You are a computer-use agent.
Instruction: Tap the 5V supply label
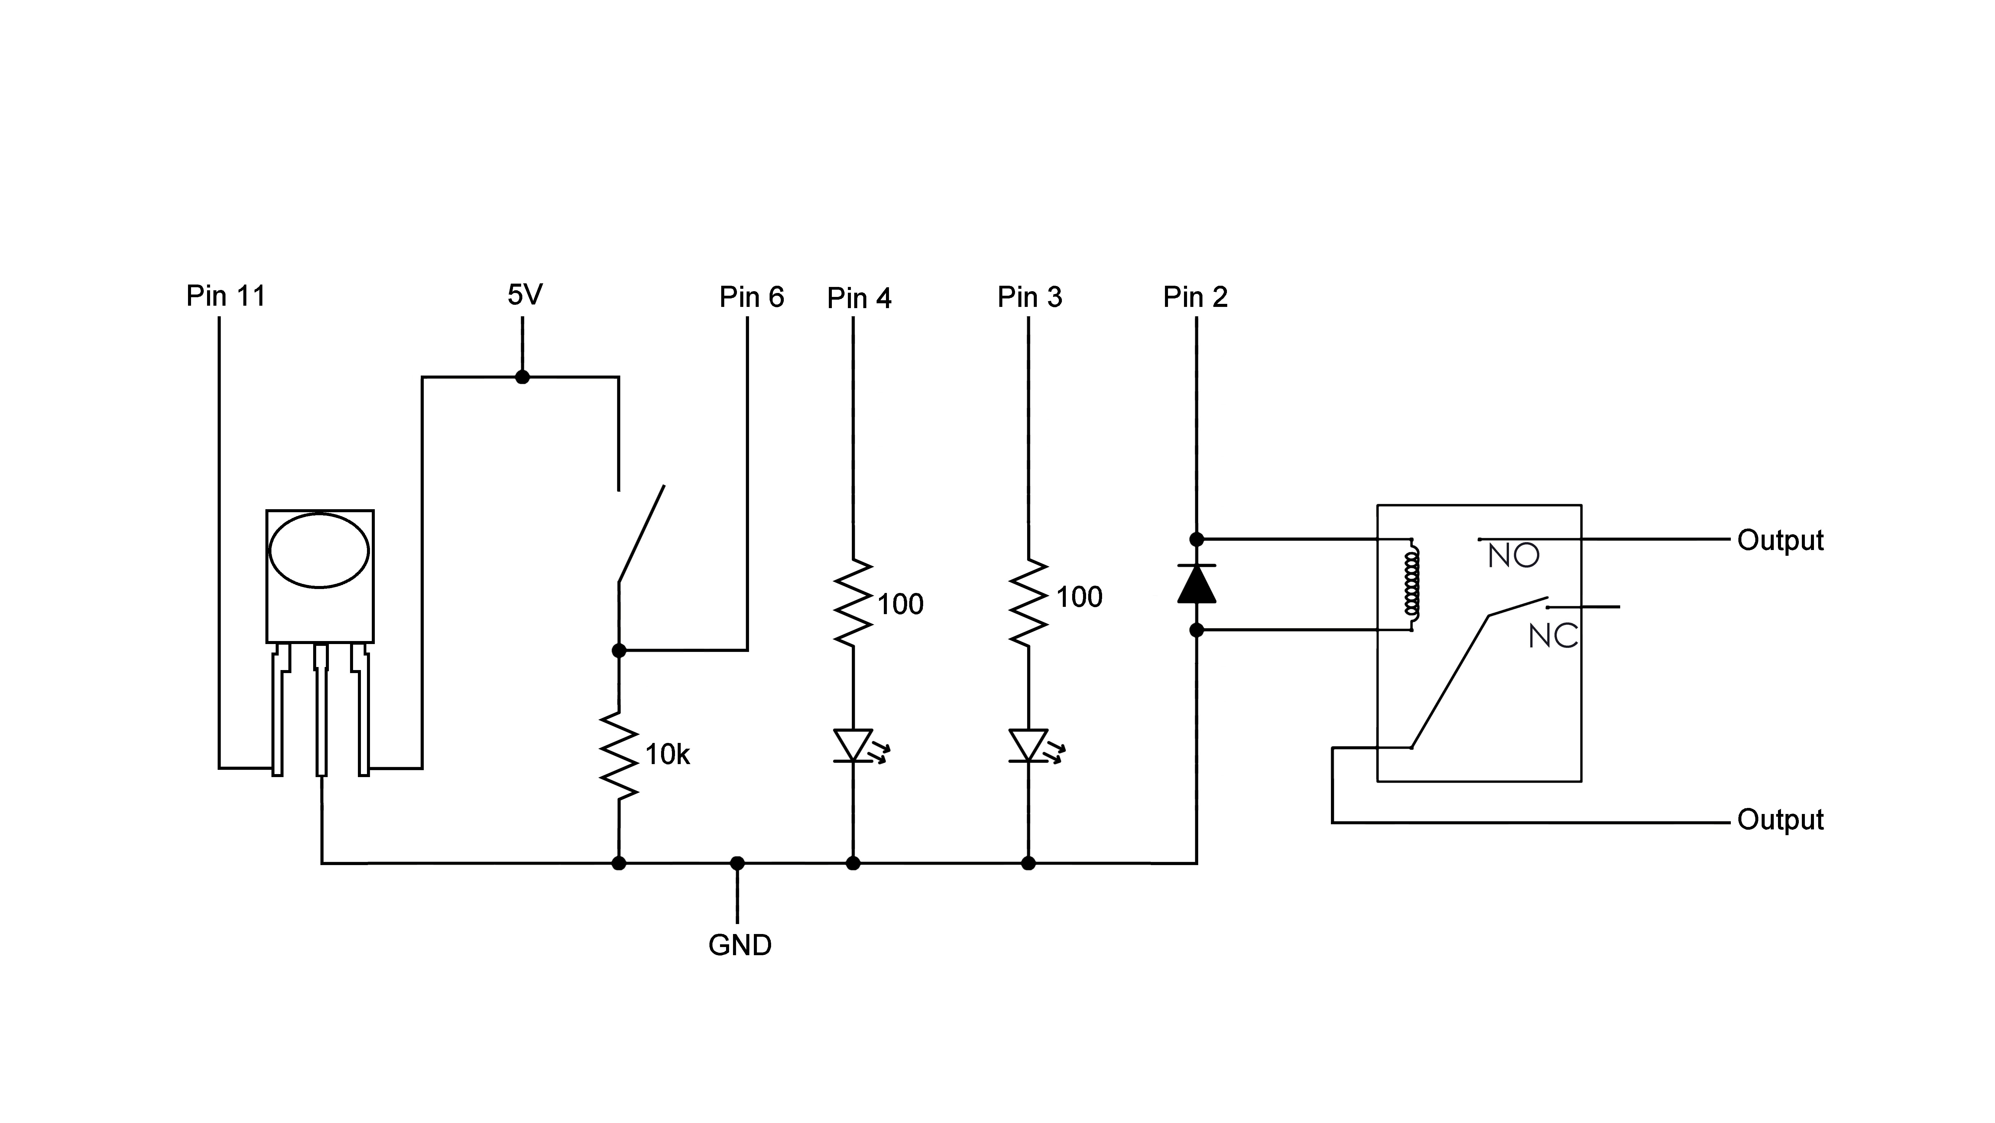click(524, 294)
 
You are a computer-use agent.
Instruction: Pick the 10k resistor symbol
click(619, 755)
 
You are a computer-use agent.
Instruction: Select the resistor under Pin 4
click(853, 603)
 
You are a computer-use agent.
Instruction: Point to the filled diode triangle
click(1196, 585)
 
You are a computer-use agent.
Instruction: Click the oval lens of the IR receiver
click(319, 551)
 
